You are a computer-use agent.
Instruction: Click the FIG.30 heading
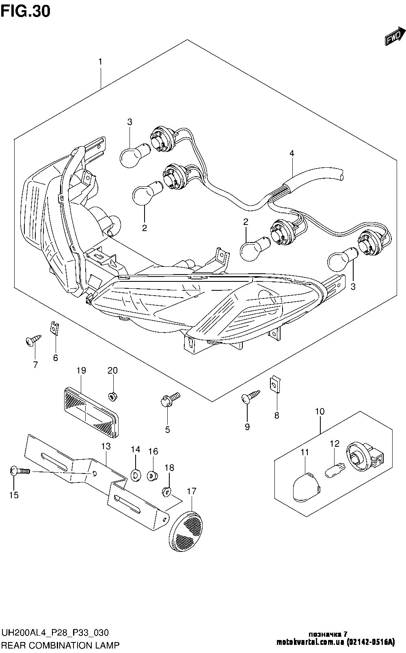(x=25, y=11)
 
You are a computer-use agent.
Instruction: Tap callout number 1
(x=100, y=62)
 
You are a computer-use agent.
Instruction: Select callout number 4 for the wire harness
(x=292, y=154)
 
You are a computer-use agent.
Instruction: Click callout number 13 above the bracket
(x=106, y=446)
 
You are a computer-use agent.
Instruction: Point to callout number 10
(x=320, y=411)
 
